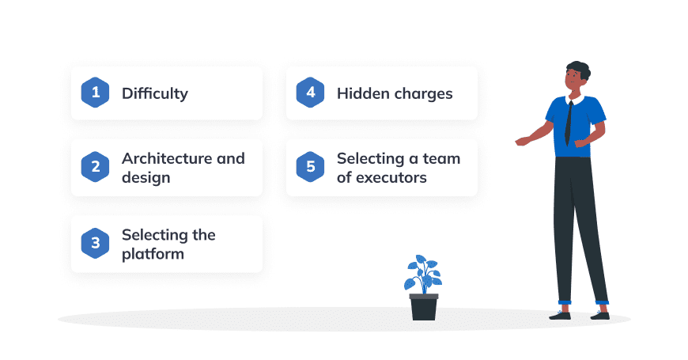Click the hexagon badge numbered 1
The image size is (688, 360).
click(95, 93)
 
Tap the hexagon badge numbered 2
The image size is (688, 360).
click(95, 167)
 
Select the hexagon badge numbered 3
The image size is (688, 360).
click(95, 243)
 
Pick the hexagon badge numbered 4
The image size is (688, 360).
click(310, 93)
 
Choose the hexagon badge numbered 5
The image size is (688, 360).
click(310, 167)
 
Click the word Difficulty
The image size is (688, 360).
click(155, 93)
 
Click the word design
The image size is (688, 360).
click(146, 178)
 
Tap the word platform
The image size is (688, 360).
click(153, 254)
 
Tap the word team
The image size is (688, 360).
click(441, 159)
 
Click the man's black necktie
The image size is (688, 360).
click(569, 123)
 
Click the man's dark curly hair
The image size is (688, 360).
click(579, 70)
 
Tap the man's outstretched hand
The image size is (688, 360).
click(522, 141)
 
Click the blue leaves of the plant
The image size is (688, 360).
click(423, 274)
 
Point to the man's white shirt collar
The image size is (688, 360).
click(575, 99)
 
